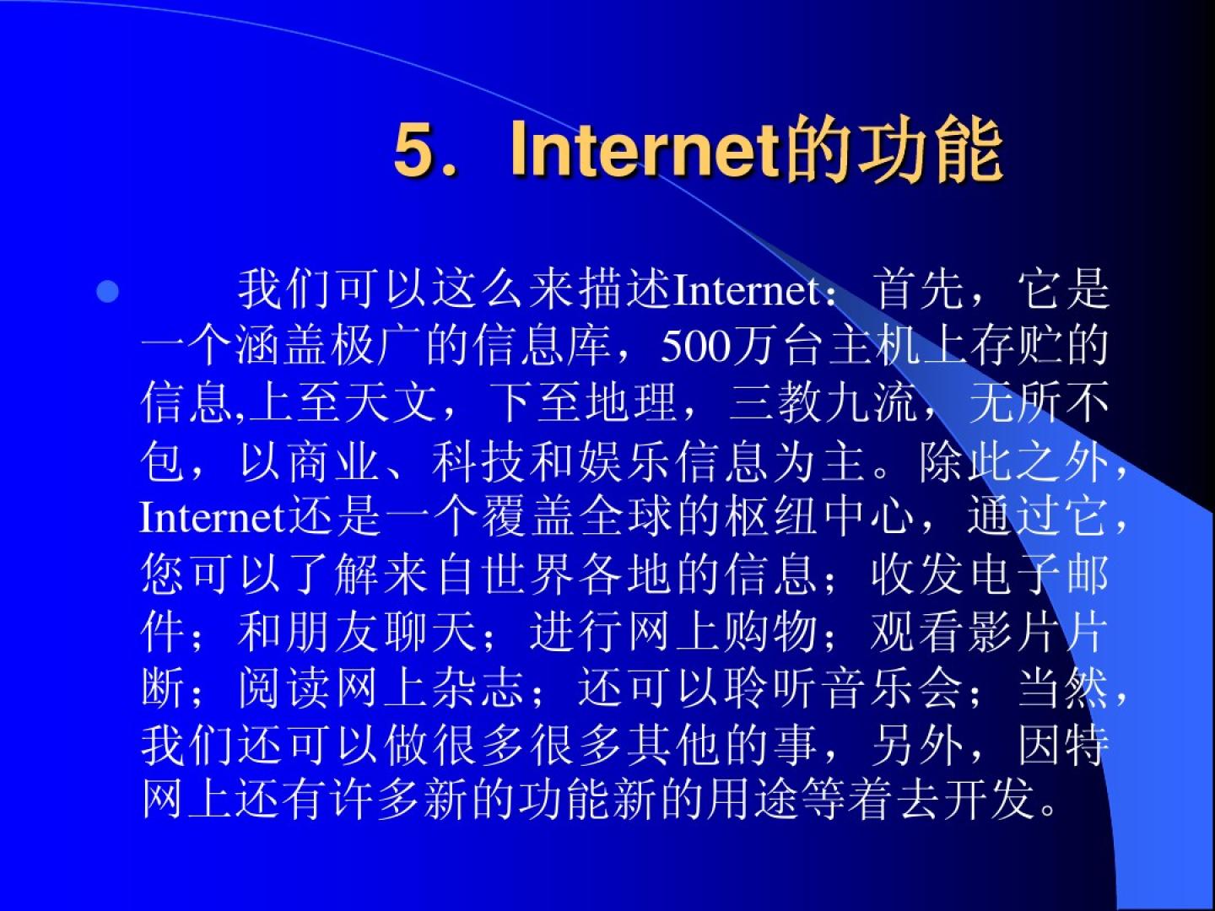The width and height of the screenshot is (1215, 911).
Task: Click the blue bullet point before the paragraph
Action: click(x=107, y=292)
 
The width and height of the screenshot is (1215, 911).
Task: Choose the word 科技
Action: click(x=478, y=461)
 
